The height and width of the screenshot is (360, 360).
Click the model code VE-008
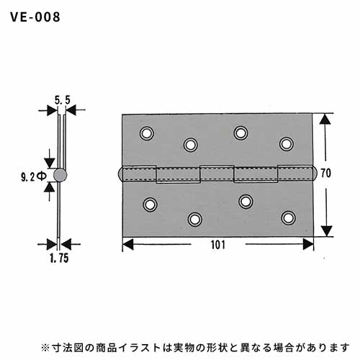click(x=35, y=17)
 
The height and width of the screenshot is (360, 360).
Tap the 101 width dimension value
click(x=218, y=245)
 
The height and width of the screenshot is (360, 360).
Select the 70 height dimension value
click(x=325, y=173)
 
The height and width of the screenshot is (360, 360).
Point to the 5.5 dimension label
click(x=62, y=100)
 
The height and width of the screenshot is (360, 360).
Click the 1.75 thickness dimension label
click(x=59, y=258)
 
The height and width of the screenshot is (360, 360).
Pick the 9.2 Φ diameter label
click(x=33, y=178)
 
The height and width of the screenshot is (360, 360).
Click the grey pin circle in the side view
click(x=60, y=175)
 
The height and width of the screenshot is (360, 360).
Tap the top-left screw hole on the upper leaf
click(x=147, y=133)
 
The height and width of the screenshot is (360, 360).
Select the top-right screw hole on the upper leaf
click(x=287, y=144)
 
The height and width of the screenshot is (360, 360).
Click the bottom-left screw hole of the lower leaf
click(x=150, y=204)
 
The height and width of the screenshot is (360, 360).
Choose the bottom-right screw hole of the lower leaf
click(x=288, y=218)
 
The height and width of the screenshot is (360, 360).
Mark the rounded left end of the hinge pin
click(x=120, y=174)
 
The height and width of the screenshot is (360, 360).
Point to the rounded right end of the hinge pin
click(x=315, y=174)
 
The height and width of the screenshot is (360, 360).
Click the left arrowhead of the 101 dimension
click(x=127, y=244)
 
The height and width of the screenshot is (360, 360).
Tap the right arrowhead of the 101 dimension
click(x=308, y=244)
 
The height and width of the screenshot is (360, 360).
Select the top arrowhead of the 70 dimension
click(x=325, y=119)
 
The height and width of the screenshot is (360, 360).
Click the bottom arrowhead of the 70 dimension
click(x=326, y=231)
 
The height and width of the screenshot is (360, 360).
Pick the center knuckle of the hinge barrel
click(x=217, y=174)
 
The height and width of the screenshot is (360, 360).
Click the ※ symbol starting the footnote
click(x=45, y=348)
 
